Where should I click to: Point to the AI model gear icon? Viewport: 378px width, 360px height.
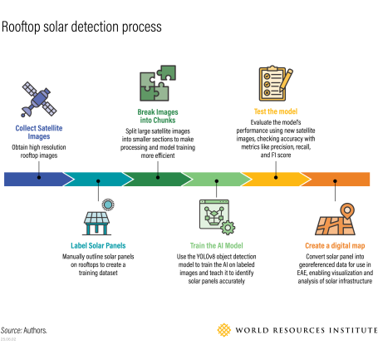click(218, 219)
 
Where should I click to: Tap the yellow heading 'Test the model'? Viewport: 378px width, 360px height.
click(277, 111)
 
